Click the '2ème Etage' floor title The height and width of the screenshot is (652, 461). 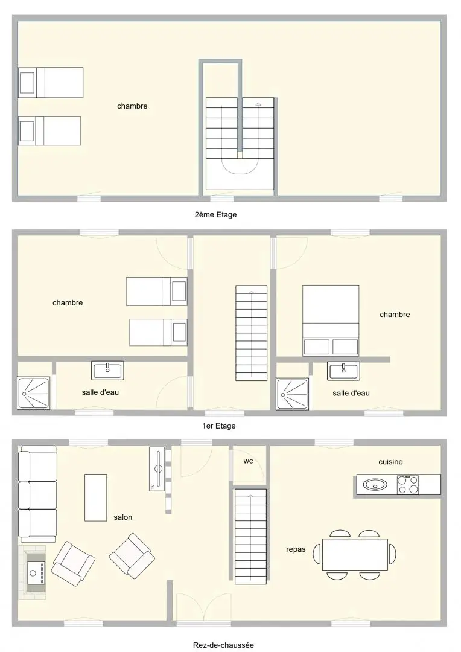pyautogui.click(x=215, y=214)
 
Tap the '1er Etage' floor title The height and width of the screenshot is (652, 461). pyautogui.click(x=218, y=426)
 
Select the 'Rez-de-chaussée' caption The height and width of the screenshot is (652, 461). pyautogui.click(x=223, y=645)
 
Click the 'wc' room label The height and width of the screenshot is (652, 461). pyautogui.click(x=248, y=461)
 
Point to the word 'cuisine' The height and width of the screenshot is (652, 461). pyautogui.click(x=390, y=462)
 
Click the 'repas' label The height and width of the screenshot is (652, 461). pyautogui.click(x=296, y=549)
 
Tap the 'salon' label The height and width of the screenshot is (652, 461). pyautogui.click(x=122, y=517)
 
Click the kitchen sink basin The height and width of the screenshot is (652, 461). pyautogui.click(x=375, y=484)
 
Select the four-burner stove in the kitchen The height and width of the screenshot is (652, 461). pyautogui.click(x=409, y=484)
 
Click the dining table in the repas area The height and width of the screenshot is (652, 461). pyautogui.click(x=355, y=554)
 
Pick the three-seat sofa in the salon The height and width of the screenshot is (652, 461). pyautogui.click(x=37, y=494)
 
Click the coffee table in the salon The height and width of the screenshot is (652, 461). pyautogui.click(x=95, y=497)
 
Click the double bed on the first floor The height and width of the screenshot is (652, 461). pyautogui.click(x=331, y=321)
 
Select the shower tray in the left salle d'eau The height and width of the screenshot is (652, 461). pyautogui.click(x=34, y=393)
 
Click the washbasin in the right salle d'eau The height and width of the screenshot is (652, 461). pyautogui.click(x=343, y=371)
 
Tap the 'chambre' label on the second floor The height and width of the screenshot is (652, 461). pyautogui.click(x=132, y=106)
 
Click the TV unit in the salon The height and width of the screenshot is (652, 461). pyautogui.click(x=157, y=468)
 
